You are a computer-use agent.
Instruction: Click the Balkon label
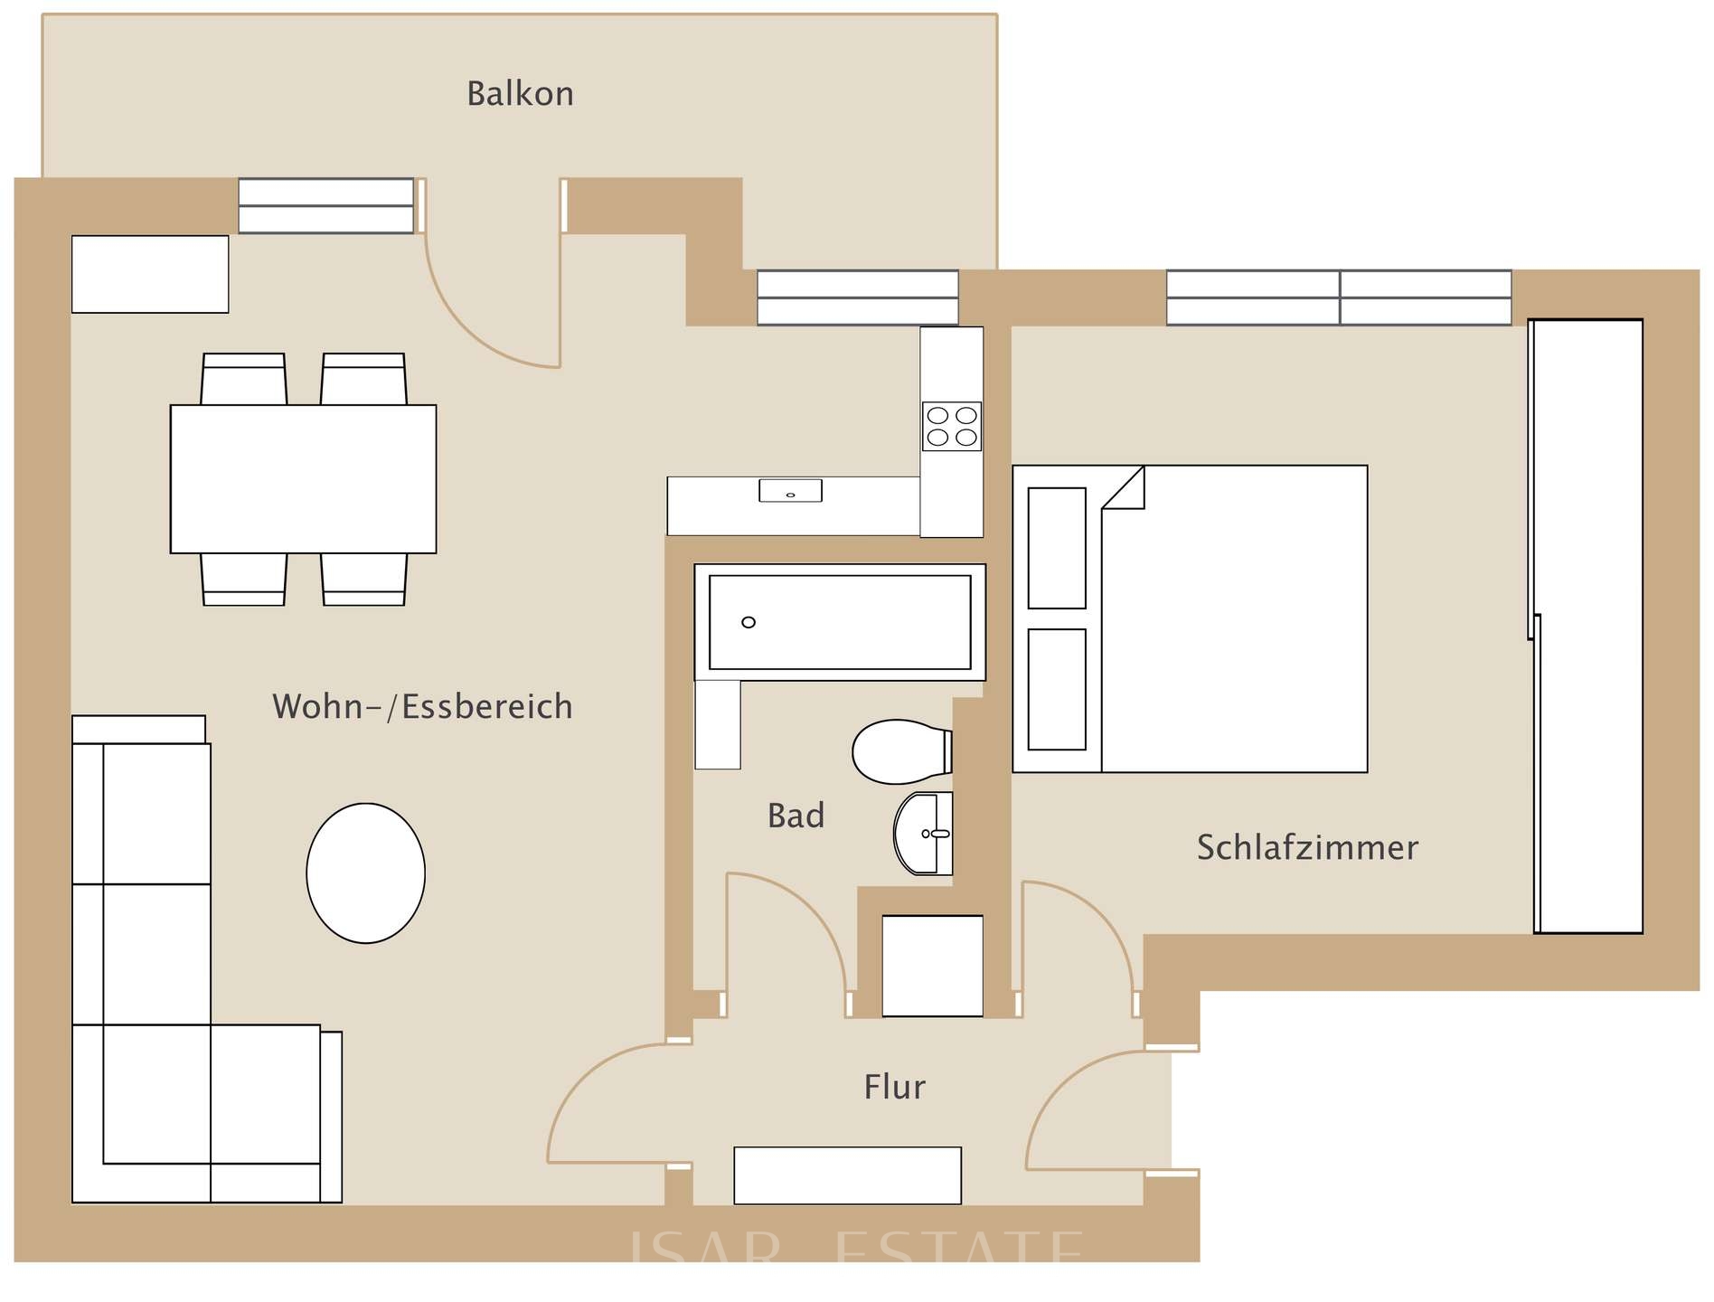pyautogui.click(x=520, y=94)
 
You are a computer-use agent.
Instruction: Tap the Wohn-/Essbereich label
pyautogui.click(x=422, y=706)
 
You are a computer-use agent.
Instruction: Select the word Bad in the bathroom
pyautogui.click(x=796, y=816)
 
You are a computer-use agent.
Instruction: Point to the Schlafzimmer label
pyautogui.click(x=1307, y=847)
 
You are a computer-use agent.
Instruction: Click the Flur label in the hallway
pyautogui.click(x=894, y=1086)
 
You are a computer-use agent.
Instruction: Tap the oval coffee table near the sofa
pyautogui.click(x=365, y=873)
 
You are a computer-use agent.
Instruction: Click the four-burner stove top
pyautogui.click(x=952, y=427)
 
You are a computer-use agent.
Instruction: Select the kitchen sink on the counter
pyautogui.click(x=790, y=491)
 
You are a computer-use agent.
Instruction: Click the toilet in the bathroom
pyautogui.click(x=899, y=751)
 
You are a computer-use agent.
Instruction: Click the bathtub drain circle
pyautogui.click(x=749, y=622)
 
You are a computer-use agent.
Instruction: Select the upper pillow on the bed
pyautogui.click(x=1057, y=548)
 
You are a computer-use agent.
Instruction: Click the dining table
pyautogui.click(x=303, y=478)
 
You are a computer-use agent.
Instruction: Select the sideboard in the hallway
pyautogui.click(x=847, y=1175)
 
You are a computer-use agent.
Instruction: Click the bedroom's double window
pyautogui.click(x=1338, y=297)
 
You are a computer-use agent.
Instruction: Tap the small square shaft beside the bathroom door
pyautogui.click(x=932, y=966)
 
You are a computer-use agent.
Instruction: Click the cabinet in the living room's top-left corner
pyautogui.click(x=150, y=274)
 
